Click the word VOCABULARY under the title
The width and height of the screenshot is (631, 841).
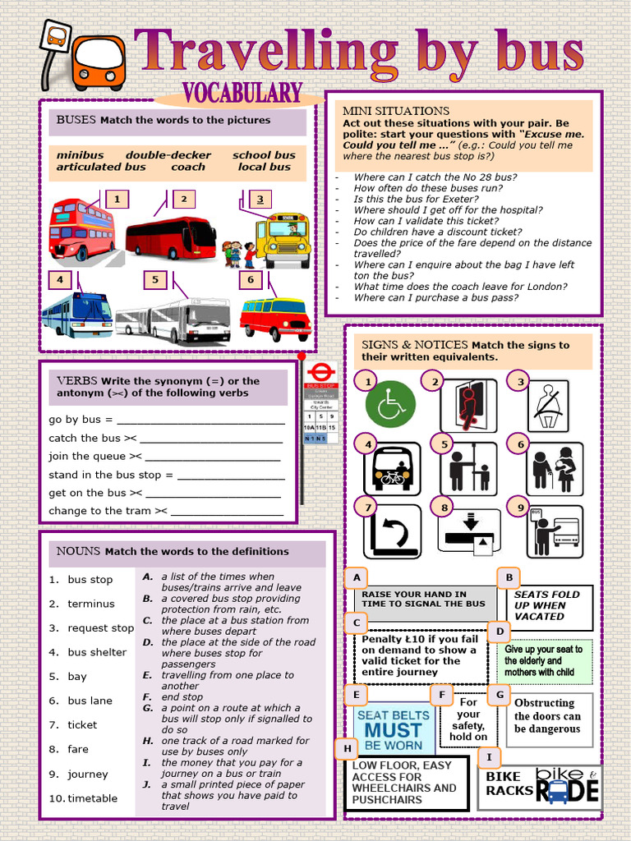242,94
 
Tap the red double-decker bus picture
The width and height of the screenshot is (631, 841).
81,229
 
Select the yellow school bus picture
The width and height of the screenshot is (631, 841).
283,240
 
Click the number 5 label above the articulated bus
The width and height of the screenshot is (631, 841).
154,280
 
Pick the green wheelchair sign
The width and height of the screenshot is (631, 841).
390,404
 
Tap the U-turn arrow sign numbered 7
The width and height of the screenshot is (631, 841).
392,532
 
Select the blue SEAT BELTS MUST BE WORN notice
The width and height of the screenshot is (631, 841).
394,730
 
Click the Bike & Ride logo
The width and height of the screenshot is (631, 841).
567,785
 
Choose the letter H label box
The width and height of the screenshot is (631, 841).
347,748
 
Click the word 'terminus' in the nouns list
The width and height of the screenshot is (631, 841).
91,604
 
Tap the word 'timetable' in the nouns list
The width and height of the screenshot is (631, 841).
92,798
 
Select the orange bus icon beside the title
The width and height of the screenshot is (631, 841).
98,62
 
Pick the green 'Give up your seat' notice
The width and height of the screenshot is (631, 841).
543,661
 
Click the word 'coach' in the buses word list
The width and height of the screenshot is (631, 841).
188,167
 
